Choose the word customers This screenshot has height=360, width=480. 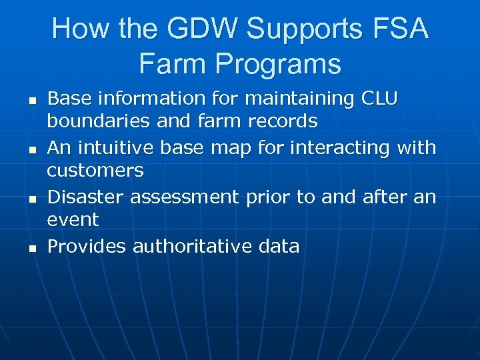pos(95,171)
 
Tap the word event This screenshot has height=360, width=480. pos(73,221)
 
